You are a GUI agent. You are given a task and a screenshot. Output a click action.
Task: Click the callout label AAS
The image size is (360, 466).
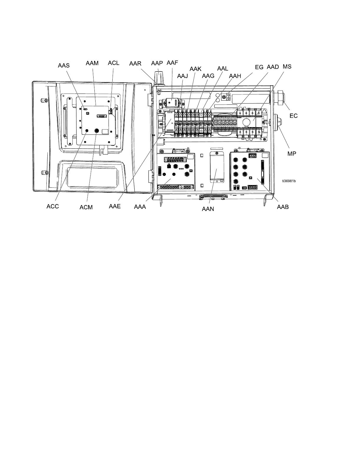coord(64,65)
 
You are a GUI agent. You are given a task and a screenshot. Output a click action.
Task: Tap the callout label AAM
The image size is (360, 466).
coord(92,63)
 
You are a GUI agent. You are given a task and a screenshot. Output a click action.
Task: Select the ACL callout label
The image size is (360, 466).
coord(114,63)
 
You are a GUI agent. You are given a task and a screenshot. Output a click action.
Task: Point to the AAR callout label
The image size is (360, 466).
coord(135,64)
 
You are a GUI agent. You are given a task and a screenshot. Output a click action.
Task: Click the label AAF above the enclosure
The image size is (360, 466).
coord(172,63)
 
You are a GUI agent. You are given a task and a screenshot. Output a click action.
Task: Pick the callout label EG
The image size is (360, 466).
coord(259,67)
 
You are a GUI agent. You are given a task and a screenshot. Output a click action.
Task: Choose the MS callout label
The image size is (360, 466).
coord(287,66)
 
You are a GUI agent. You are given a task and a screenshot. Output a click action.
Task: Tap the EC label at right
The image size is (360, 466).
coord(294,116)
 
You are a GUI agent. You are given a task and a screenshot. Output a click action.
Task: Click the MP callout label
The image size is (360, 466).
coord(292,154)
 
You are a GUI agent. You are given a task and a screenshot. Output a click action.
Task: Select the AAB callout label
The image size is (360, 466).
coord(283,207)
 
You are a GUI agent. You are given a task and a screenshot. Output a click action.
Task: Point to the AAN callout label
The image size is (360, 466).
coord(208,209)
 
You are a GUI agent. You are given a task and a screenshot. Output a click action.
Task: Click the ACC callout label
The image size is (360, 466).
coord(53,207)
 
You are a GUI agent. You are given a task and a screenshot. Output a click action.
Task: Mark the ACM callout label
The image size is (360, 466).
coord(86,207)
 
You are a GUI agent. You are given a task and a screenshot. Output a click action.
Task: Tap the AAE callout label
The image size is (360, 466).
coord(115,206)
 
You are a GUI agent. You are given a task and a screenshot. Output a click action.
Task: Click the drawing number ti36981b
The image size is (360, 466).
coord(289,181)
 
